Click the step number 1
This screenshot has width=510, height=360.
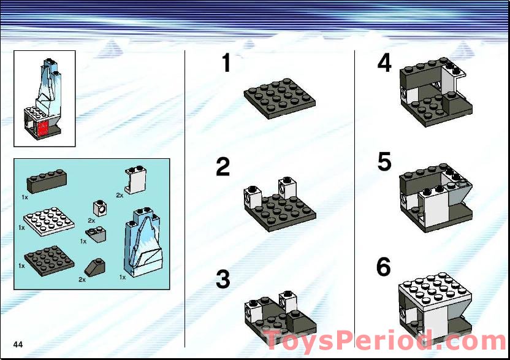(x=226, y=63)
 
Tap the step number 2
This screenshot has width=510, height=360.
(x=223, y=167)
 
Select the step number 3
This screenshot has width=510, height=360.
(x=223, y=280)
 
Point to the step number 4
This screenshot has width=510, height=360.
(x=384, y=63)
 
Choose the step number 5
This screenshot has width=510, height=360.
(x=384, y=163)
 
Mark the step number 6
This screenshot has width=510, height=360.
(x=383, y=267)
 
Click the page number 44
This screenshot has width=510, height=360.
(x=18, y=344)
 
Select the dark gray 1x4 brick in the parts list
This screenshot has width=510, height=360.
(x=46, y=182)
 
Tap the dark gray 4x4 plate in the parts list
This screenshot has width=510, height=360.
(x=48, y=259)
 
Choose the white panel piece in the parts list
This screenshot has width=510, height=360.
(x=135, y=180)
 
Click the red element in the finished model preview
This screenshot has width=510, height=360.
(x=43, y=127)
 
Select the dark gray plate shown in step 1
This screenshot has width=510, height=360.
(x=280, y=98)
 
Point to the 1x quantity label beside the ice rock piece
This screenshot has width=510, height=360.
(x=123, y=278)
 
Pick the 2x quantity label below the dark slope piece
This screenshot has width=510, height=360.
(x=82, y=280)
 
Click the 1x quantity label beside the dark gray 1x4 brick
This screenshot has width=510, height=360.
(x=25, y=197)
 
